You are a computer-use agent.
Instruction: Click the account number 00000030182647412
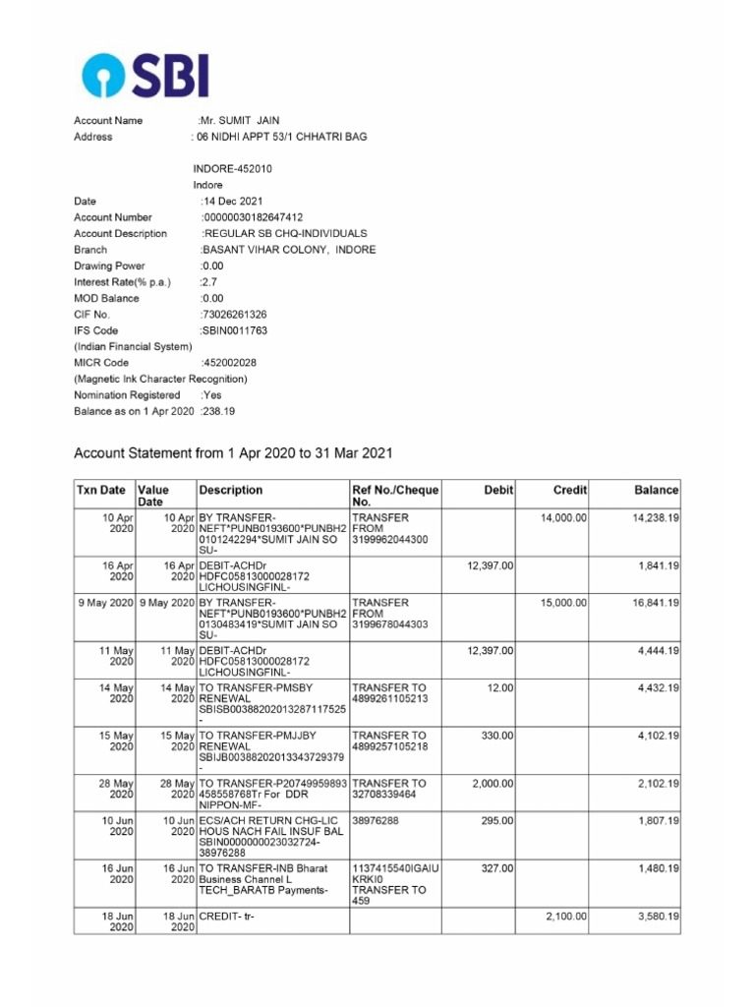[x=253, y=217]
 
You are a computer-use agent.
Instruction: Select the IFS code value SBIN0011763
[x=234, y=330]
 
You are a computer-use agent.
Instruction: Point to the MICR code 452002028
[x=229, y=363]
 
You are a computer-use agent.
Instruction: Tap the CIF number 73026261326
[x=234, y=315]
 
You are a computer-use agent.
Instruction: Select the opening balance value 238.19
[x=218, y=411]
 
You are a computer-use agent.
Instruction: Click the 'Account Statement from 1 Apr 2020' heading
[x=234, y=453]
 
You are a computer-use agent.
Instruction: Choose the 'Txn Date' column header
[x=101, y=490]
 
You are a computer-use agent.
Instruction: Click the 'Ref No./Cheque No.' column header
[x=395, y=496]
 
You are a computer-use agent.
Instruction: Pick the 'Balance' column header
[x=656, y=490]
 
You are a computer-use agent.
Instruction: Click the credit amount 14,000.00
[x=564, y=517]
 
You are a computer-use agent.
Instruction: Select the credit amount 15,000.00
[x=564, y=602]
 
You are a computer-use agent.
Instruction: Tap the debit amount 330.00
[x=496, y=736]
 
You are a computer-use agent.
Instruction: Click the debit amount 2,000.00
[x=493, y=784]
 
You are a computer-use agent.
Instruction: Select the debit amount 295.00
[x=496, y=819]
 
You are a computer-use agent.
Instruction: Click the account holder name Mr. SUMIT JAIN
[x=232, y=121]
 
